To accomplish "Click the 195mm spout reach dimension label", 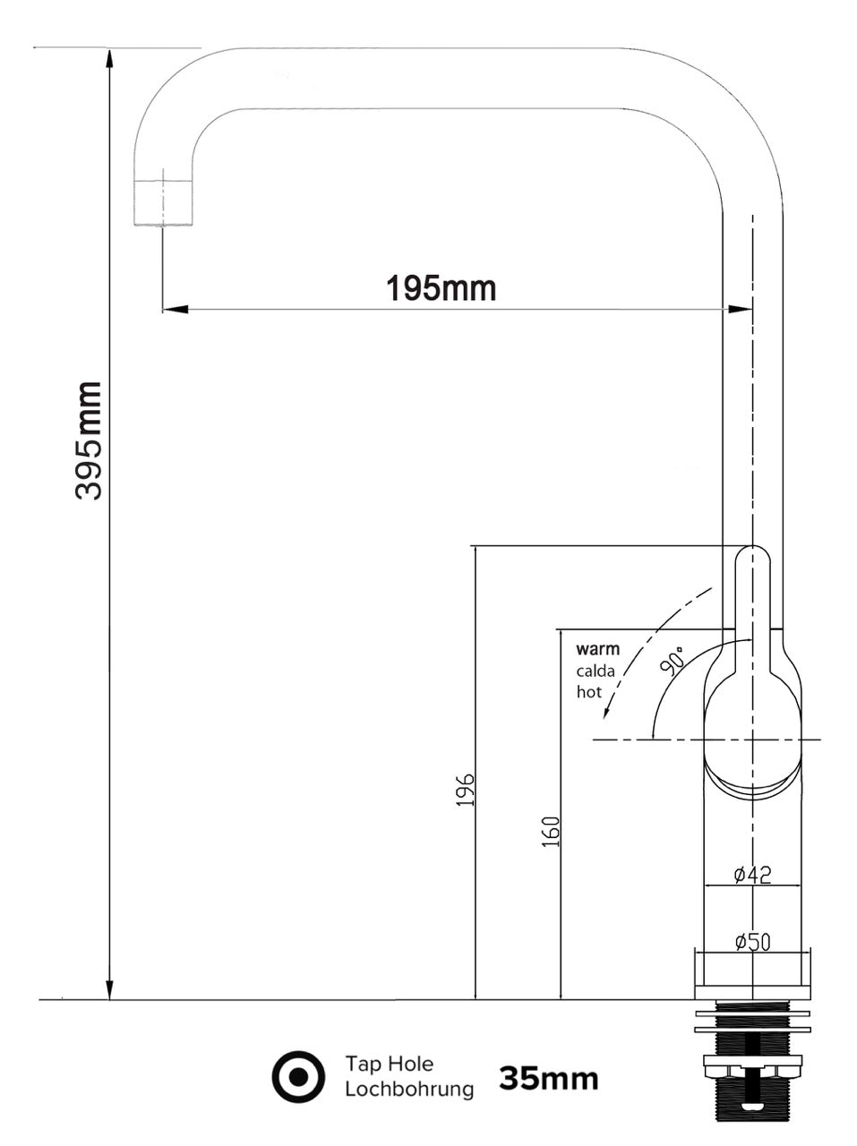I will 441,288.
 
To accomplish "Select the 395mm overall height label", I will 89,440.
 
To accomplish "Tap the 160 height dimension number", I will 552,832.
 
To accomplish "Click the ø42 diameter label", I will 752,875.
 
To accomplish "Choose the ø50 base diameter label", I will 752,941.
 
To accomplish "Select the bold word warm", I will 597,649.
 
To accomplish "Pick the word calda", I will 596,671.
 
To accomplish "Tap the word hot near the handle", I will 588,691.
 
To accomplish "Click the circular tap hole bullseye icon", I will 298,1077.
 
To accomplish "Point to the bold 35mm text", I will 548,1078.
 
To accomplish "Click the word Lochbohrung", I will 408,1090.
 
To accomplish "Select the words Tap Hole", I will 389,1064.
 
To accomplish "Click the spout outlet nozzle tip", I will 163,201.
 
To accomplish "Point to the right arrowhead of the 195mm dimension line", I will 741,310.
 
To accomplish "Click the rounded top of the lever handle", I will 752,553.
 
